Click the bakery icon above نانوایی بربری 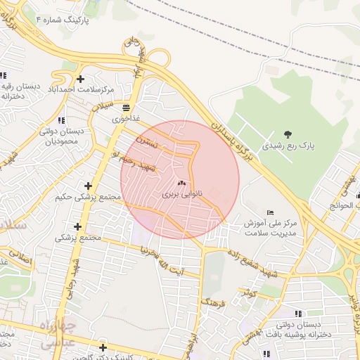(x=181, y=182)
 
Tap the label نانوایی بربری (x=181, y=193)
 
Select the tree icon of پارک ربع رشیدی (x=287, y=134)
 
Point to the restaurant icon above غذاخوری (x=126, y=108)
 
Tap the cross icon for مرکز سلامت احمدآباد (x=81, y=79)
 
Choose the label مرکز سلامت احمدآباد (x=80, y=90)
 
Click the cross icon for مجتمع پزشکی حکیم (x=88, y=186)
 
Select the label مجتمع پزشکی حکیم (x=85, y=198)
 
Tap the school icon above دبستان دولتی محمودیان (x=61, y=120)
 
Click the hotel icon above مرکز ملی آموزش (x=270, y=212)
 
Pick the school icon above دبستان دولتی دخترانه (x=298, y=313)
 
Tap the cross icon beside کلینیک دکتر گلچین (x=103, y=347)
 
